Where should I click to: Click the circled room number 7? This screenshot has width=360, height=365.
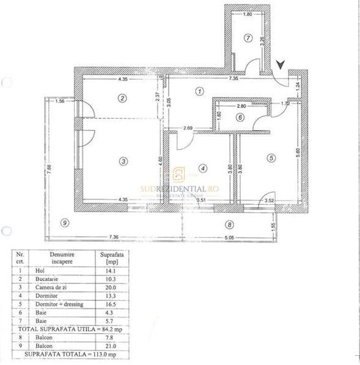[x=248, y=38]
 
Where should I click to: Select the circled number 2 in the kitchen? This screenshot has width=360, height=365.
[x=121, y=98]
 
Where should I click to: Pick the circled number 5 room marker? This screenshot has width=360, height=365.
[x=271, y=156]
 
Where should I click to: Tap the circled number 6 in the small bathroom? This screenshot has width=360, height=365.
[x=240, y=117]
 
